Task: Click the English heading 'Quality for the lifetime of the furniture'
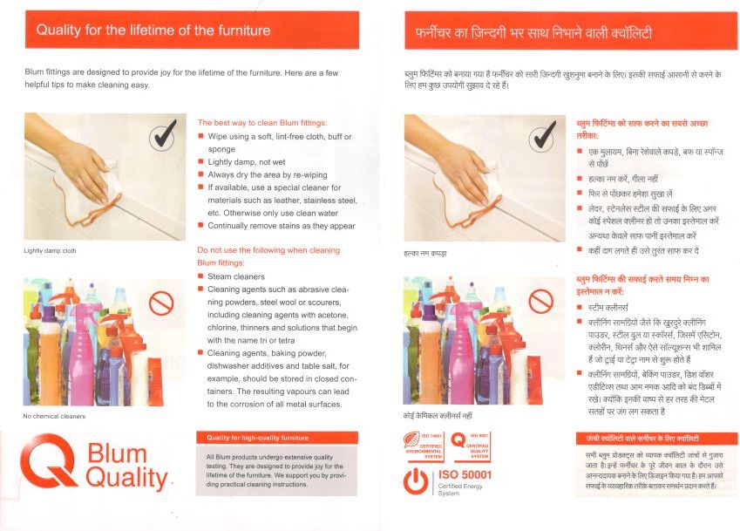point(153,31)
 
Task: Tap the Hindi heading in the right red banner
point(533,32)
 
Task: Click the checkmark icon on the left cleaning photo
point(163,135)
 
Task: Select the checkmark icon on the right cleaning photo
point(543,136)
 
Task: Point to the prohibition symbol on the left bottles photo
point(161,303)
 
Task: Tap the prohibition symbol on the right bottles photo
point(541,301)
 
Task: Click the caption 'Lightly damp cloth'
point(50,250)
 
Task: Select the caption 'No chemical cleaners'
point(54,416)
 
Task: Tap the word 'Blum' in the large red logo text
point(117,453)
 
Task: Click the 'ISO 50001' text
point(465,475)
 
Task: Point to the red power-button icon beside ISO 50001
point(416,481)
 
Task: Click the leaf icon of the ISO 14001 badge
point(411,439)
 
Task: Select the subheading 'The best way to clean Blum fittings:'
point(262,123)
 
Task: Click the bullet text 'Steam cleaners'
point(236,276)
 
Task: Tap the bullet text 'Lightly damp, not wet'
point(247,162)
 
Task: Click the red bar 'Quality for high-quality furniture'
point(277,438)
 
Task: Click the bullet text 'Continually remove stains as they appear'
point(282,226)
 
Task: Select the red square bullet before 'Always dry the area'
point(200,174)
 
